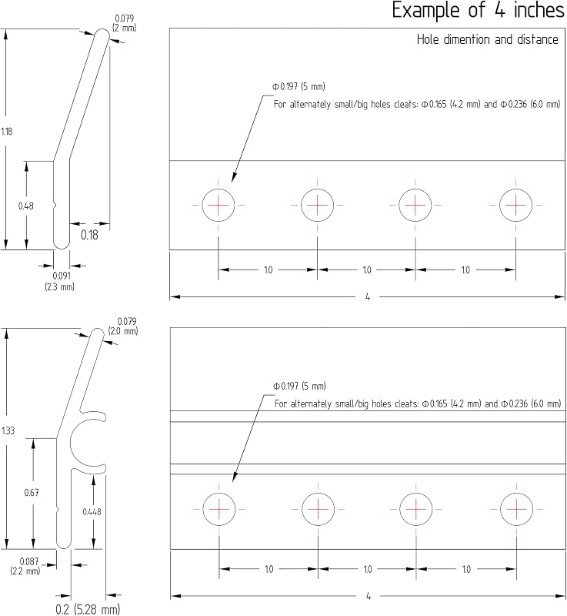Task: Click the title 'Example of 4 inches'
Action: (x=478, y=10)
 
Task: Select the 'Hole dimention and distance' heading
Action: (x=487, y=39)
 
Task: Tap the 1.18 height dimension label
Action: (x=7, y=131)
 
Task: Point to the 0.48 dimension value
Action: (x=26, y=206)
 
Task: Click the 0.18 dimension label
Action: (x=89, y=235)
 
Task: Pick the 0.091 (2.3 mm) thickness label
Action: (x=60, y=281)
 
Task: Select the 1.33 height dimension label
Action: (x=8, y=430)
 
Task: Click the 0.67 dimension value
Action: (x=32, y=493)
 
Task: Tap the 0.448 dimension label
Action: (x=92, y=511)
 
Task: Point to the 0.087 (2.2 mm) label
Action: (x=25, y=566)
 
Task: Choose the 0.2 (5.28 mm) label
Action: (x=88, y=609)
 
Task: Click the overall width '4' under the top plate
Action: (x=368, y=297)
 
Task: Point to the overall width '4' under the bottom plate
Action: (x=369, y=596)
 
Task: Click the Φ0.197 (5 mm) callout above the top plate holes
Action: (x=299, y=86)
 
